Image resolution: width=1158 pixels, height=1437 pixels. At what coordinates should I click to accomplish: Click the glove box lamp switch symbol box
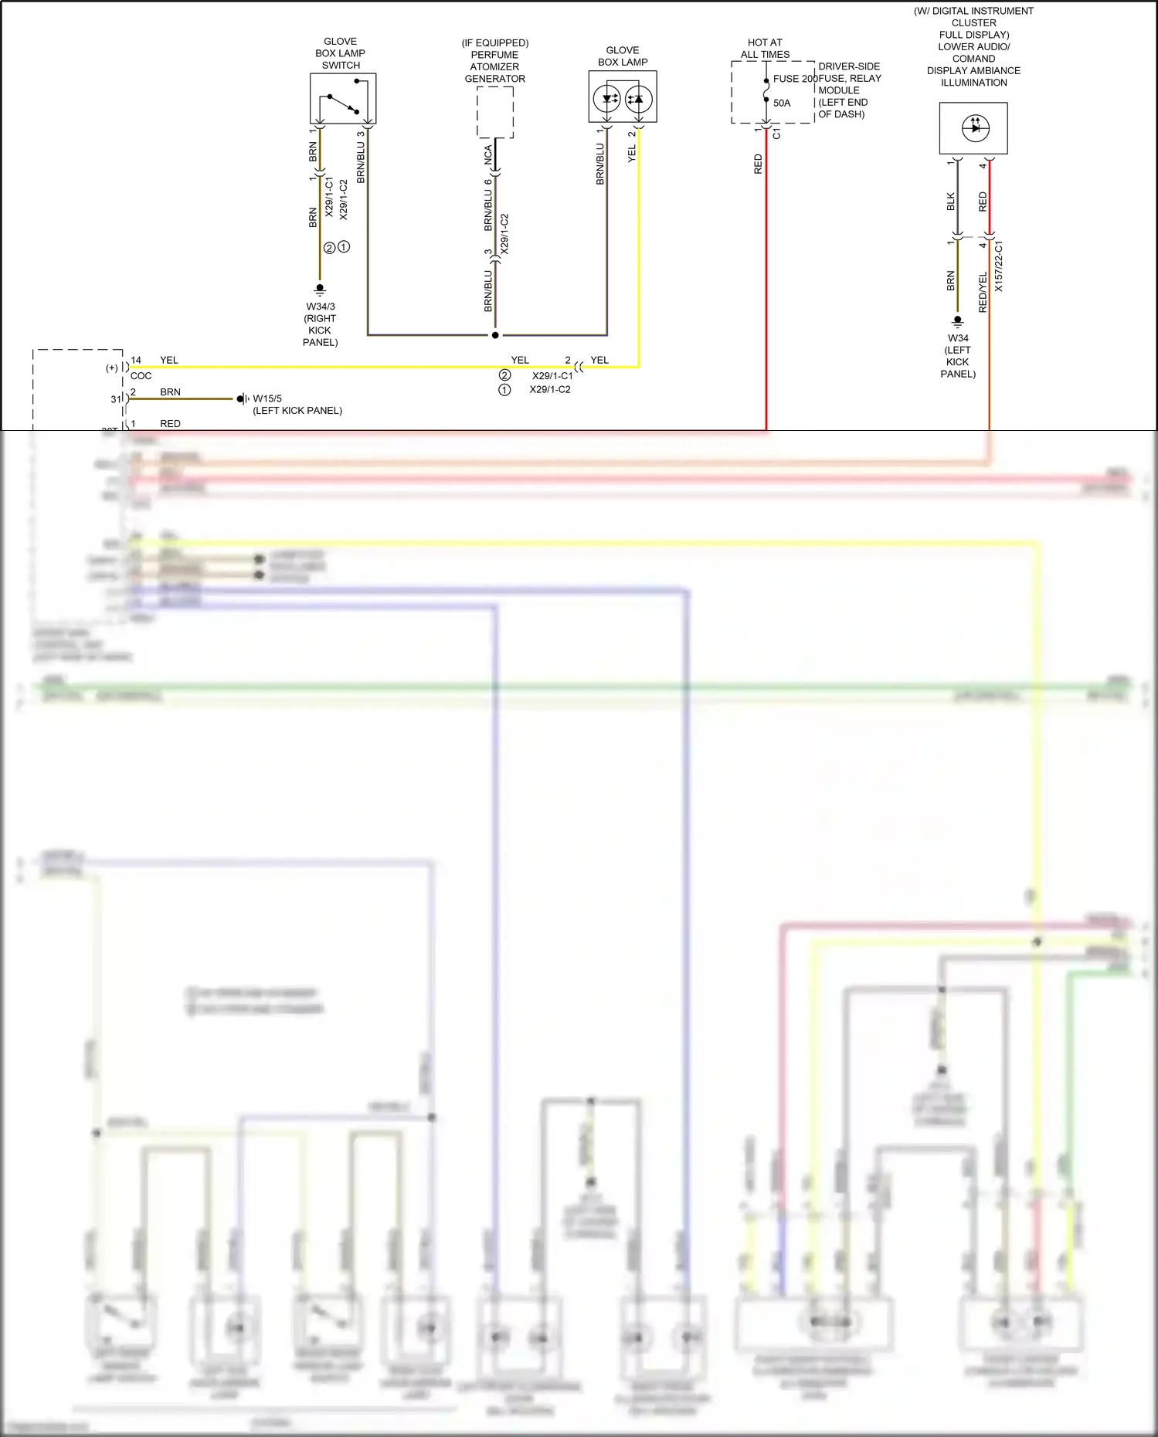[x=343, y=99]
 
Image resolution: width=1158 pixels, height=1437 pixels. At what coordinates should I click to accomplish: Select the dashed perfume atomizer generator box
[x=495, y=112]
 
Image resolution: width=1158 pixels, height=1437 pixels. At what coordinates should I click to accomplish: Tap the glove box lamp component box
[x=623, y=97]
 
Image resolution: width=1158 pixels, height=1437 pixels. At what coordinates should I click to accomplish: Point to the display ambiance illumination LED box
[x=973, y=128]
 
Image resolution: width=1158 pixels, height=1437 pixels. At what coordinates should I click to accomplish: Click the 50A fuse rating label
[x=782, y=103]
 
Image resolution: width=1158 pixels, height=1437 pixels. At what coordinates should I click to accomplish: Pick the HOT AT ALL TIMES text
[x=765, y=49]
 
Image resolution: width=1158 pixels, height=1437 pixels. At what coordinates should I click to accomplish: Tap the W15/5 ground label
[x=267, y=399]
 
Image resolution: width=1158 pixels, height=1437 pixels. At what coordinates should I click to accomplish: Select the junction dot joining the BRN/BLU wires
[x=495, y=335]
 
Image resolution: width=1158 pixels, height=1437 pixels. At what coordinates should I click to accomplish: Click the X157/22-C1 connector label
[x=999, y=266]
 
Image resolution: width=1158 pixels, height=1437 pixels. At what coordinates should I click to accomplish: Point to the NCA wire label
[x=488, y=154]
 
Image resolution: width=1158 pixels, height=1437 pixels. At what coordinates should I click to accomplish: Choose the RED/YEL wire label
[x=983, y=292]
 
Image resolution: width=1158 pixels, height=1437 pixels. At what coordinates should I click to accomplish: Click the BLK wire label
[x=951, y=202]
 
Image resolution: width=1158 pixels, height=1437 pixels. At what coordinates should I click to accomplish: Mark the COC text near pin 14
[x=141, y=376]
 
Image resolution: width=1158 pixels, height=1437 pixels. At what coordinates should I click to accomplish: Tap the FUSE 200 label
[x=795, y=79]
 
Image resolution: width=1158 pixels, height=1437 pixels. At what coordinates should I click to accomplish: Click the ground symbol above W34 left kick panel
[x=958, y=320]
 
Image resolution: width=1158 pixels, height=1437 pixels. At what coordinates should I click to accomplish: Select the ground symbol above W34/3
[x=320, y=290]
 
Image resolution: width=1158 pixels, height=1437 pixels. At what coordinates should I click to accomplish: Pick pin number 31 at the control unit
[x=116, y=399]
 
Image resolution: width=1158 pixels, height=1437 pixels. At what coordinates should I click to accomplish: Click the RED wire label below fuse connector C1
[x=758, y=164]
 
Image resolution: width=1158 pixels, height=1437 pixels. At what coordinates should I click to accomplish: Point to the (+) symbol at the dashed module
[x=112, y=368]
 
